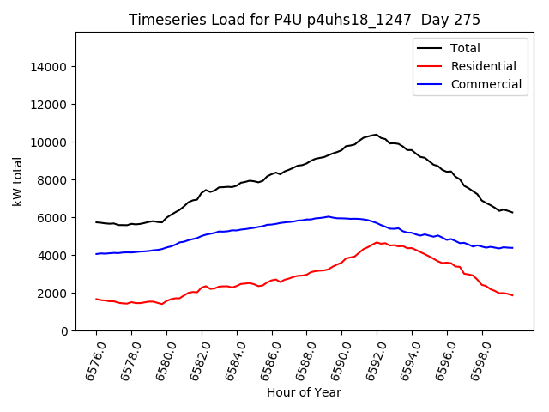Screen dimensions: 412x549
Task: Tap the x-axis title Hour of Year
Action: coord(304,392)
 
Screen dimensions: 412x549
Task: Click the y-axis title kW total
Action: coord(18,182)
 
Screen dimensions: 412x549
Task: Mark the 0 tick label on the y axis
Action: coord(63,331)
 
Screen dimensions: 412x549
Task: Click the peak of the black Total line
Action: coord(376,135)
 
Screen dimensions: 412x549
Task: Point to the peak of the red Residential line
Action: coord(377,242)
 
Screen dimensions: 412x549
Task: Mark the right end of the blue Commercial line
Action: coord(513,248)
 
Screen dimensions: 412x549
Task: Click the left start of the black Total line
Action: coord(96,222)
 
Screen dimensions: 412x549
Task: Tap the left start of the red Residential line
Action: coord(96,299)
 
